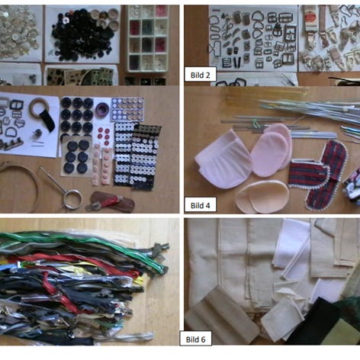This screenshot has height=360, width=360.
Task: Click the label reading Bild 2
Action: [x=201, y=75]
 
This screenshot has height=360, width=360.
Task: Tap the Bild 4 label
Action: [x=201, y=205]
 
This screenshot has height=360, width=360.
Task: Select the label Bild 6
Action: [x=195, y=339]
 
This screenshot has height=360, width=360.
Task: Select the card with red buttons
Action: [x=104, y=135]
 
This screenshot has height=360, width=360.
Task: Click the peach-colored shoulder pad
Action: [x=262, y=197]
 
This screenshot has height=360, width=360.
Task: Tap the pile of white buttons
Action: [x=18, y=33]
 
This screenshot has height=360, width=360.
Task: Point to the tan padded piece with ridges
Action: [x=220, y=313]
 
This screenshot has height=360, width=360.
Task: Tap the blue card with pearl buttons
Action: [x=127, y=109]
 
